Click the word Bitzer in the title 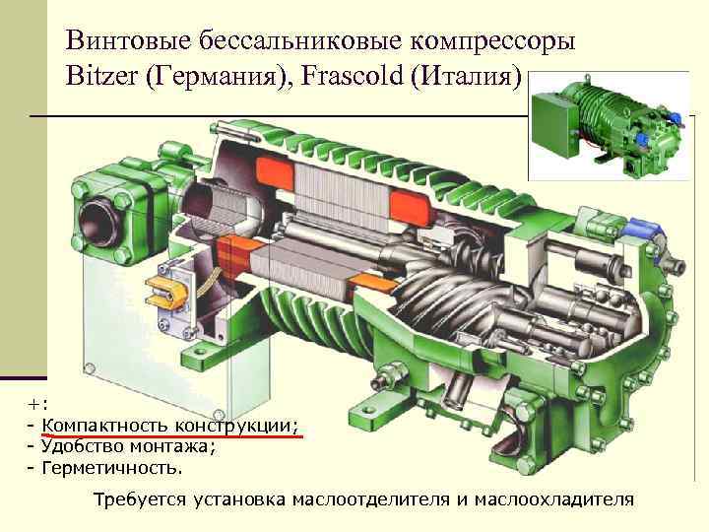pyautogui.click(x=101, y=75)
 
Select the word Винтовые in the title pyautogui.click(x=128, y=40)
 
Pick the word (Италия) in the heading pyautogui.click(x=466, y=77)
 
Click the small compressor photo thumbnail pyautogui.click(x=610, y=126)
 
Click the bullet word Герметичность pyautogui.click(x=112, y=468)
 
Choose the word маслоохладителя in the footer pyautogui.click(x=554, y=499)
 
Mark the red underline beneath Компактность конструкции pyautogui.click(x=171, y=435)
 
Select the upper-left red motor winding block pyautogui.click(x=275, y=176)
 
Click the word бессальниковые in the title pyautogui.click(x=300, y=40)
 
